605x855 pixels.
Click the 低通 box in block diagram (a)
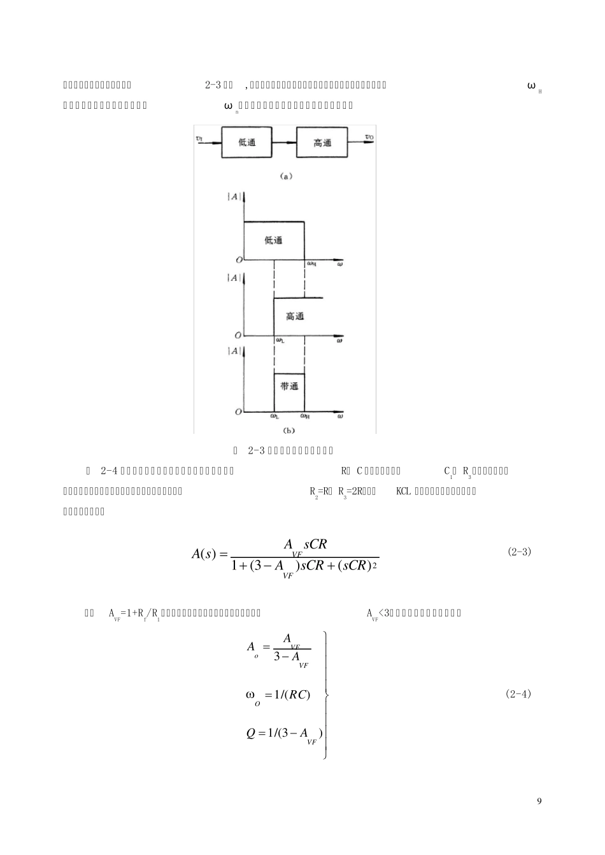pyautogui.click(x=248, y=142)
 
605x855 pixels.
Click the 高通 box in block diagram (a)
pyautogui.click(x=322, y=142)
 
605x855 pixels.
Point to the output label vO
pyautogui.click(x=369, y=137)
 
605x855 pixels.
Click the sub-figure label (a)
pyautogui.click(x=285, y=176)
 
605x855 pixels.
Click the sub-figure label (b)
pyautogui.click(x=288, y=431)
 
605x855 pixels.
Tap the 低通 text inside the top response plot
pyautogui.click(x=274, y=240)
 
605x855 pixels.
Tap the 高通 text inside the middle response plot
pyautogui.click(x=295, y=316)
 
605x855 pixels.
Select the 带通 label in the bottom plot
pyautogui.click(x=289, y=387)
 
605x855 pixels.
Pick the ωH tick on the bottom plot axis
pyautogui.click(x=305, y=417)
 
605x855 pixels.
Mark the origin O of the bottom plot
pyautogui.click(x=238, y=412)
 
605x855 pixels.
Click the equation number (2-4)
pyautogui.click(x=518, y=694)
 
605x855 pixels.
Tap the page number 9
pyautogui.click(x=539, y=801)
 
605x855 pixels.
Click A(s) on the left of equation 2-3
pyautogui.click(x=205, y=554)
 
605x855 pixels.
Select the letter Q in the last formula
pyautogui.click(x=250, y=733)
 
